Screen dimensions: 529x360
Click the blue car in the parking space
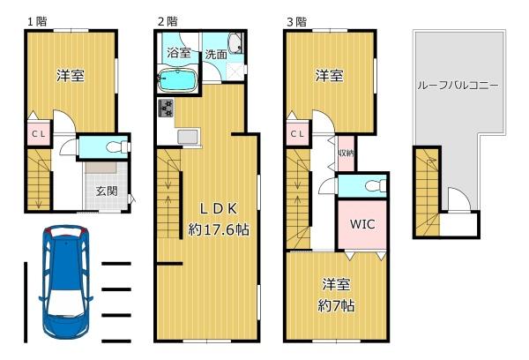pos(66,283)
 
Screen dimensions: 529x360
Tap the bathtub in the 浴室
pos(177,79)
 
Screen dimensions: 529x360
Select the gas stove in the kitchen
pos(166,108)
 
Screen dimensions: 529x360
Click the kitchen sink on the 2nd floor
pos(188,137)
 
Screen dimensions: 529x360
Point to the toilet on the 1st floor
pos(118,146)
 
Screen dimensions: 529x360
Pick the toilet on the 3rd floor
pos(376,186)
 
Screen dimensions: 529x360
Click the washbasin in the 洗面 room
pos(235,43)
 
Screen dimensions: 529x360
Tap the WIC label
pos(362,224)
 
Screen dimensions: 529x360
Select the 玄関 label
pos(107,191)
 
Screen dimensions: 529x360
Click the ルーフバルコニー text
pos(458,85)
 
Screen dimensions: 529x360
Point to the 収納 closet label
pos(346,153)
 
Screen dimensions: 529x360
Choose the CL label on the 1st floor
pos(39,134)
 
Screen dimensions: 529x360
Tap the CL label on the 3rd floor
pos(297,134)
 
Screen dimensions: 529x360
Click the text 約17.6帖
pos(219,229)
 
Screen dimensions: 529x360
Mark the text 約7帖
pos(336,306)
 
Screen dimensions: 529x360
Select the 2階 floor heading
pos(168,21)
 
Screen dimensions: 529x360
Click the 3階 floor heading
pos(296,22)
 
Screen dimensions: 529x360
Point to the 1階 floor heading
pos(37,21)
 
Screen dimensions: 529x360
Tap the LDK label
pos(219,209)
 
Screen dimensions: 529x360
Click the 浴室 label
pos(179,52)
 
